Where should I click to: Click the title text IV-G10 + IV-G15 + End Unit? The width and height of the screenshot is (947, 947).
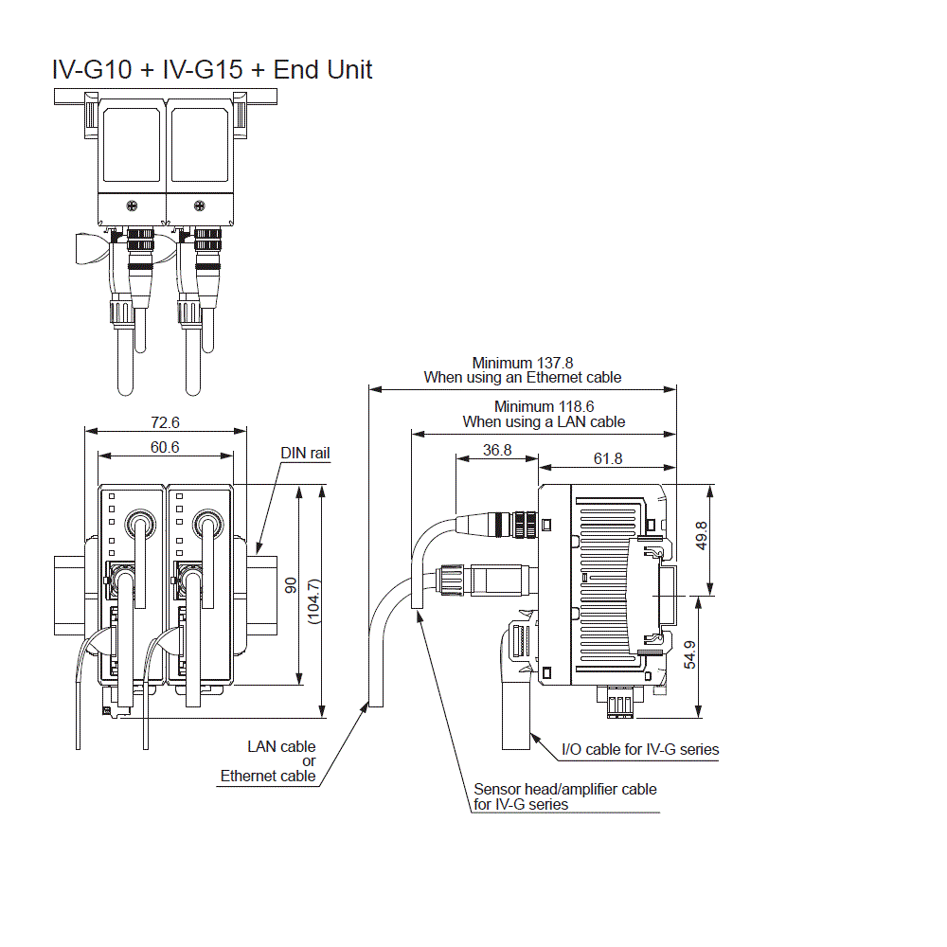point(212,69)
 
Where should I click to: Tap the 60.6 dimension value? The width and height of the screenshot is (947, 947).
point(165,446)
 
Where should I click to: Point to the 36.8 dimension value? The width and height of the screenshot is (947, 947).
point(496,450)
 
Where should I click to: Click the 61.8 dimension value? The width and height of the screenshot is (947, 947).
point(608,457)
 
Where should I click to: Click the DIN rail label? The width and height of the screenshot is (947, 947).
point(305,454)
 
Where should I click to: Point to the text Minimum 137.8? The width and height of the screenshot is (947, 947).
point(523,362)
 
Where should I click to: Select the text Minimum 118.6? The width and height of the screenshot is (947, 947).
point(544,406)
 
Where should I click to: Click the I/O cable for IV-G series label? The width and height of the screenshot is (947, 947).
point(640,749)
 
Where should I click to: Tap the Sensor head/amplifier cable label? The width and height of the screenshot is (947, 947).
point(564,789)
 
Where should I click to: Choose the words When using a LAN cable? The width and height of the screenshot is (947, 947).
point(544,421)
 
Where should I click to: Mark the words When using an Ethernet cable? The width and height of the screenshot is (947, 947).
point(523,377)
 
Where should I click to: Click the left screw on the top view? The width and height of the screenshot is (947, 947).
point(133,205)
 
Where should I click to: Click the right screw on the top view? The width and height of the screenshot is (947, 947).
point(199,205)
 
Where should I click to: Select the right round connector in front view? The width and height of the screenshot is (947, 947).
point(205,524)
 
